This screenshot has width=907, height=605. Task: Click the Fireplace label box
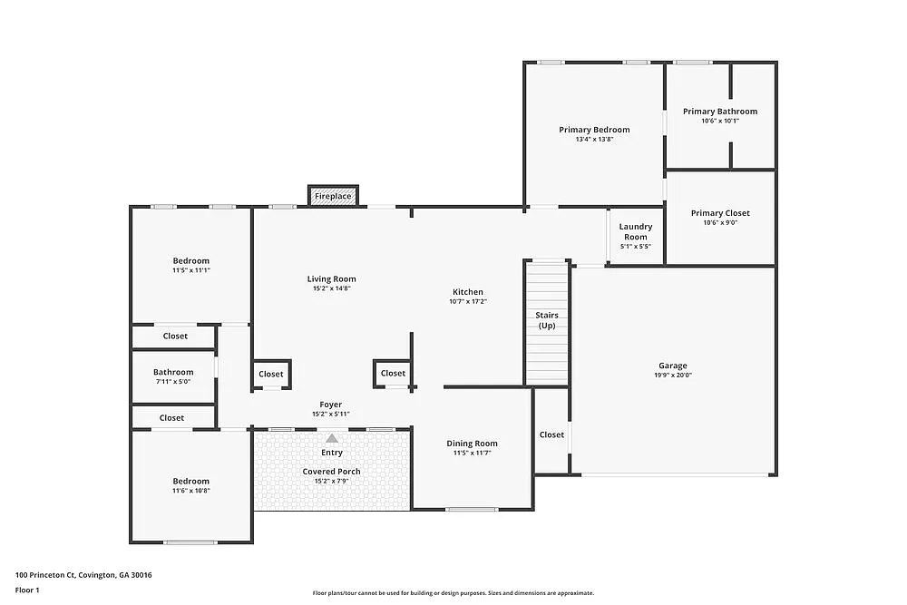333,196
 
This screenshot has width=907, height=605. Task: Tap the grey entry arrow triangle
332,439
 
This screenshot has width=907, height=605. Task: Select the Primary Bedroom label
594,130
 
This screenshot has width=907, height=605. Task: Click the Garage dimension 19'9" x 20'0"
673,375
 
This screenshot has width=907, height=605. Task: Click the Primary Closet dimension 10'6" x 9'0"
720,222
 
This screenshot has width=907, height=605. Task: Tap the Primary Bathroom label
720,112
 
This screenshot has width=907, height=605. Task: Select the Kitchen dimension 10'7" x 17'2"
468,302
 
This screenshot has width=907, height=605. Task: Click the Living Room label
330,279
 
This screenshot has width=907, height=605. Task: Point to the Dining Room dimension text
472,454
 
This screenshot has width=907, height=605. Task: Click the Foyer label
330,405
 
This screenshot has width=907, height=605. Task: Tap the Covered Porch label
331,472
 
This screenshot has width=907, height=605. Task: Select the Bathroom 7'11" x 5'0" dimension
172,382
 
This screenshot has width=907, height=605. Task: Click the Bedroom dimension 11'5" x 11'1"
190,270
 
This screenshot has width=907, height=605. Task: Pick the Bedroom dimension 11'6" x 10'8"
190,491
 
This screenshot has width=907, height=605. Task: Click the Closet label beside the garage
551,434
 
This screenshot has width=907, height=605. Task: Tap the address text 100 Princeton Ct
83,574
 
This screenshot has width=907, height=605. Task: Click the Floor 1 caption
27,590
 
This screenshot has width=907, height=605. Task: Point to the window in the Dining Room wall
472,509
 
